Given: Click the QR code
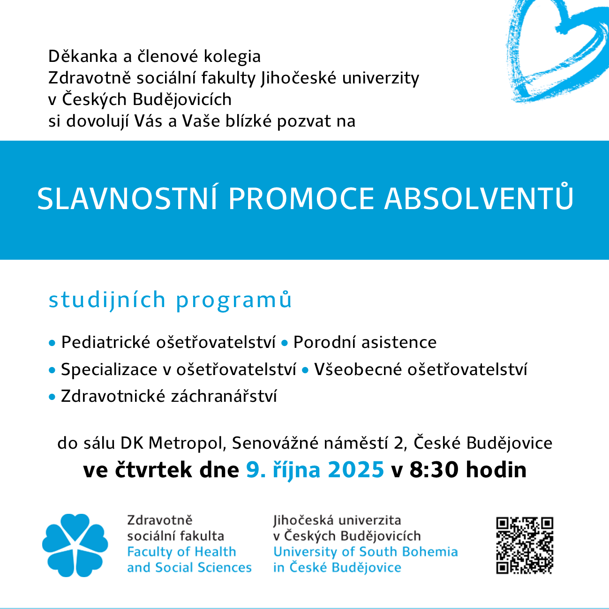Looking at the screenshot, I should pyautogui.click(x=525, y=545).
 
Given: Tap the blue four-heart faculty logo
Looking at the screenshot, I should pyautogui.click(x=75, y=545).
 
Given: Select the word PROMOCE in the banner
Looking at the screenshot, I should pyautogui.click(x=301, y=199).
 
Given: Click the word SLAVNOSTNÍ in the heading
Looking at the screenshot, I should pyautogui.click(x=127, y=199).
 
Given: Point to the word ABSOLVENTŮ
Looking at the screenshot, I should pyautogui.click(x=479, y=199).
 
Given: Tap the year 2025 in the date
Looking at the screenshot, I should pyautogui.click(x=356, y=470).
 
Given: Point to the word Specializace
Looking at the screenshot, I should pyautogui.click(x=109, y=370).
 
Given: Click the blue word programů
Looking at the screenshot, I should pyautogui.click(x=234, y=301).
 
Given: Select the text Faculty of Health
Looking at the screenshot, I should pyautogui.click(x=181, y=552).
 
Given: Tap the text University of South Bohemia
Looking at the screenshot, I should pyautogui.click(x=365, y=552).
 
